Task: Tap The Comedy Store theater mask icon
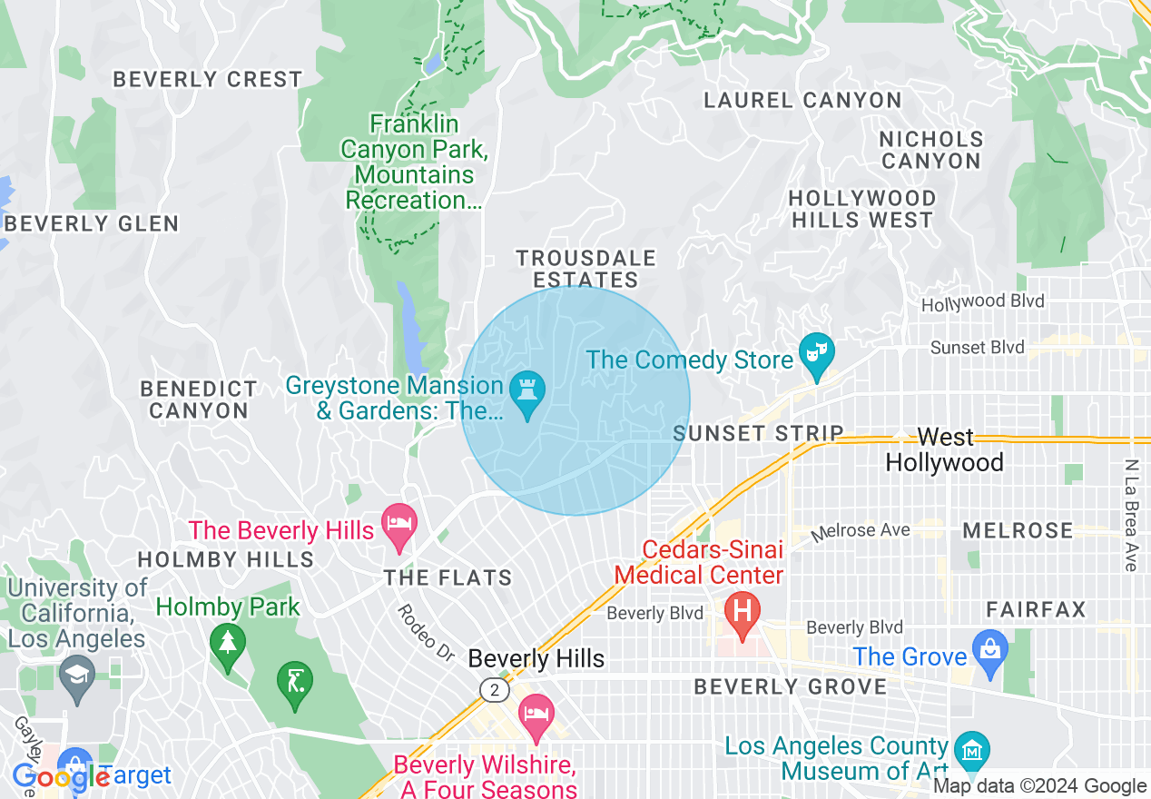(815, 350)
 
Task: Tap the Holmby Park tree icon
(227, 642)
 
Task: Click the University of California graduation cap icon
(77, 674)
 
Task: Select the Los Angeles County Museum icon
(971, 750)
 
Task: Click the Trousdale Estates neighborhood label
(586, 270)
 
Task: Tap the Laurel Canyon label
(802, 100)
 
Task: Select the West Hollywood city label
(944, 450)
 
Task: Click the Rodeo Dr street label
(425, 633)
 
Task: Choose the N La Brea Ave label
(1131, 515)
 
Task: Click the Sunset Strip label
(758, 433)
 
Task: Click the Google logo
(60, 777)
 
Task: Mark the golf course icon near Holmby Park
(295, 679)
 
